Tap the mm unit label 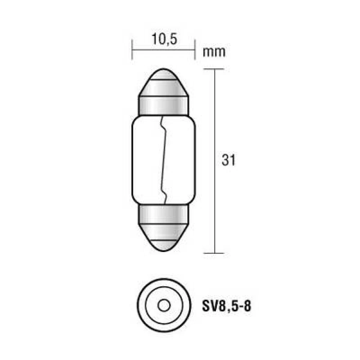pos(214,52)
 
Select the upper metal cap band pos(164,105)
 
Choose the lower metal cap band pos(164,215)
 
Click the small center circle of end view pos(164,306)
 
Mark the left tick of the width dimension pos(133,50)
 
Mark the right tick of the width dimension pos(195,50)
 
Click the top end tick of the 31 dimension pos(215,69)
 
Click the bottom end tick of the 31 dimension pos(215,253)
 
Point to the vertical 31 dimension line pos(215,202)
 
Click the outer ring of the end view pos(141,306)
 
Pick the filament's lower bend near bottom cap pos(164,197)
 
